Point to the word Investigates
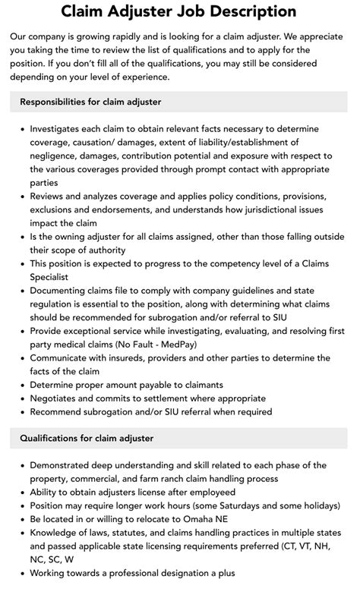[62, 130]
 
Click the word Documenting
[64, 291]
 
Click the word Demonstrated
[66, 465]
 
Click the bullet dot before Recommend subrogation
[22, 412]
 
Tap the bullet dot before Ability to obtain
[22, 493]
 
